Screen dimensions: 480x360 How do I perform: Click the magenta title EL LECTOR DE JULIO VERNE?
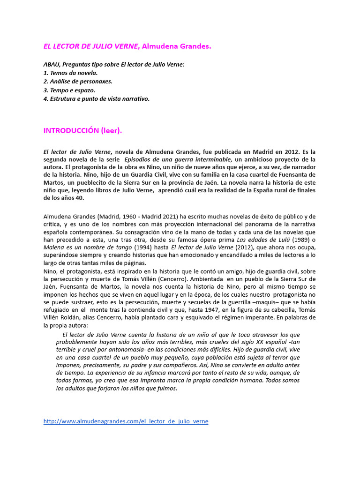91,46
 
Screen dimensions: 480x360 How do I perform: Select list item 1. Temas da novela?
70,73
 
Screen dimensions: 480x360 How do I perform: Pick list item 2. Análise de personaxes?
78,82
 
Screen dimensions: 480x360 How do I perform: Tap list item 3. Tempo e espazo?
69,90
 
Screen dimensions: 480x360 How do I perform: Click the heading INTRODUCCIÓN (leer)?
82,131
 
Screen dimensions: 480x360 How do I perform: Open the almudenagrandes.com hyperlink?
126,421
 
